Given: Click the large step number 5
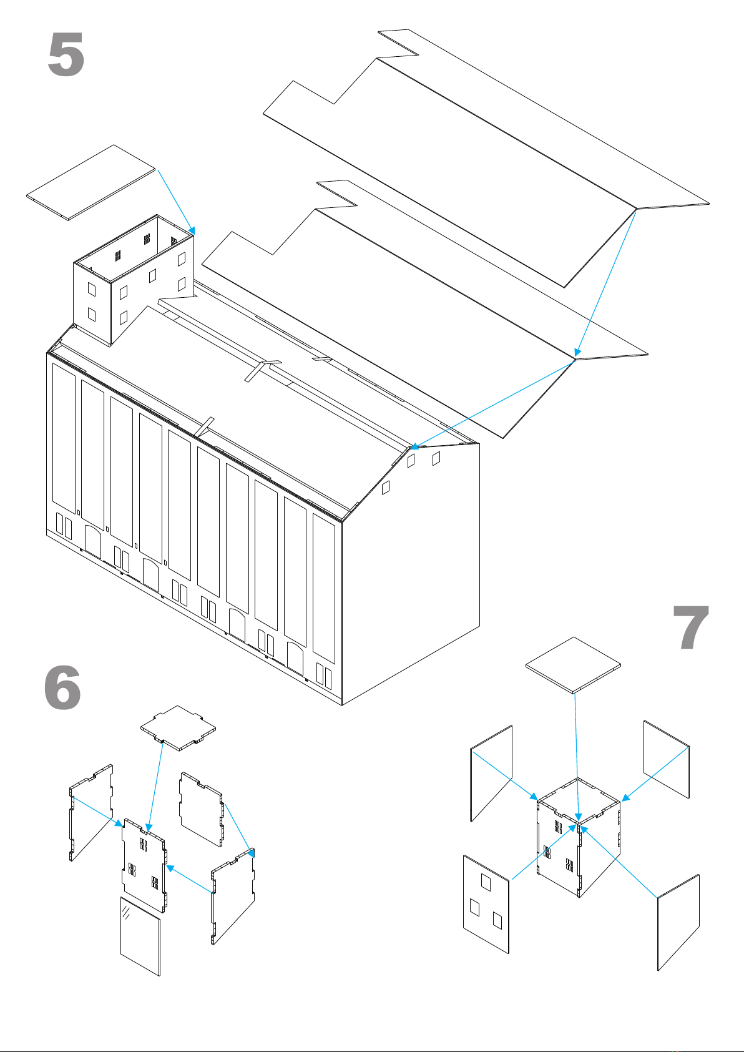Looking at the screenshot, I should pyautogui.click(x=66, y=56).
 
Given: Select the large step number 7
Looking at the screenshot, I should pyautogui.click(x=691, y=628).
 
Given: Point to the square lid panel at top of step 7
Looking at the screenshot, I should pyautogui.click(x=574, y=664).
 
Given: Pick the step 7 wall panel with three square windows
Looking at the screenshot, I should pyautogui.click(x=486, y=904).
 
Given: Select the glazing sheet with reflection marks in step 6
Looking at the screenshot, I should pyautogui.click(x=140, y=936).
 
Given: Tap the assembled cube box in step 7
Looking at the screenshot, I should pyautogui.click(x=578, y=837).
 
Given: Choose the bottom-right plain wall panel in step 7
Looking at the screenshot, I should pyautogui.click(x=678, y=923).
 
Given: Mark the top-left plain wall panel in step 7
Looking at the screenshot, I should pyautogui.click(x=491, y=773).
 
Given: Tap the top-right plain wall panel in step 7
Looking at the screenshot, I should pyautogui.click(x=667, y=759).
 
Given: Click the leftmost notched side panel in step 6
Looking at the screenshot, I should pyautogui.click(x=91, y=812).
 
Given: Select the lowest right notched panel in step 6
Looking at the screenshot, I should pyautogui.click(x=233, y=897).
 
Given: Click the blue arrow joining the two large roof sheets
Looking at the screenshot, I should pyautogui.click(x=605, y=281).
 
